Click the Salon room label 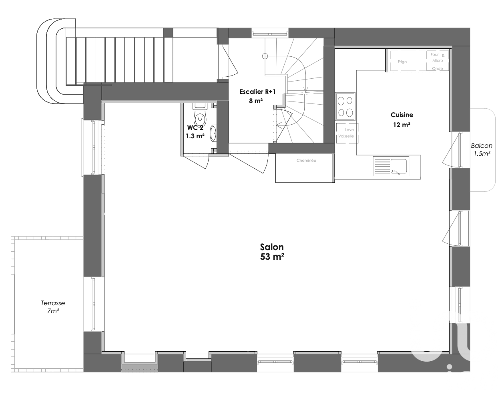click(x=272, y=247)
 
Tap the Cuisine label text click(x=402, y=115)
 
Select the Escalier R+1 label click(x=257, y=92)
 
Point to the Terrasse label click(x=53, y=303)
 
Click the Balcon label click(x=482, y=146)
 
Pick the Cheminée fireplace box click(x=305, y=168)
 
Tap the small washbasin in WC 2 click(x=213, y=133)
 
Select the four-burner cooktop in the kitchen click(x=345, y=106)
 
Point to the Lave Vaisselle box click(x=347, y=133)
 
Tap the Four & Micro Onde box click(x=438, y=61)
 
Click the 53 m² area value click(x=272, y=257)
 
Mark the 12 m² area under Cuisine click(x=402, y=125)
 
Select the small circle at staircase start click(x=265, y=56)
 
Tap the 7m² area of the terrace click(x=53, y=311)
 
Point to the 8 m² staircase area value click(x=256, y=101)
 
